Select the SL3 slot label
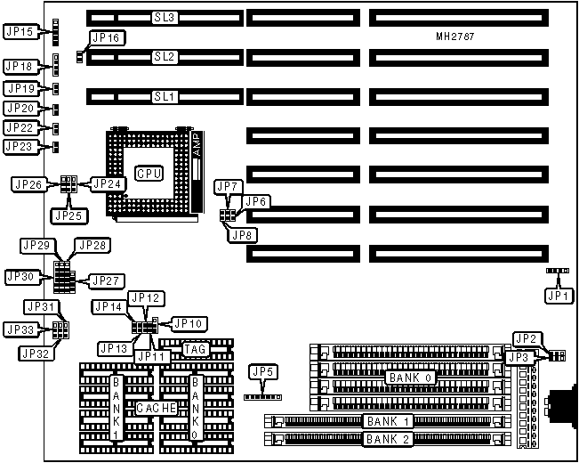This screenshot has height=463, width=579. [165, 17]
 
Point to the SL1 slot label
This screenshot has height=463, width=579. [165, 95]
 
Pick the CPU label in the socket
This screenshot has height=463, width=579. [149, 173]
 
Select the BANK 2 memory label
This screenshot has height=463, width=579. [387, 439]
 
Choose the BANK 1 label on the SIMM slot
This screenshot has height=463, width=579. [387, 420]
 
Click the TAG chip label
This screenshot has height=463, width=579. [196, 349]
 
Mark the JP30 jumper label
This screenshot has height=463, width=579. [20, 277]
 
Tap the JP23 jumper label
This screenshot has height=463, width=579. [20, 146]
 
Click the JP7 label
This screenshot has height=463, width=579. [228, 186]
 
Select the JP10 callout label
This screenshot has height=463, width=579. [188, 323]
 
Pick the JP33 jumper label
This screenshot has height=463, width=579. [20, 329]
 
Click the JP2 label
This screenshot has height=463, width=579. [525, 337]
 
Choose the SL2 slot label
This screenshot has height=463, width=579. [165, 56]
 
